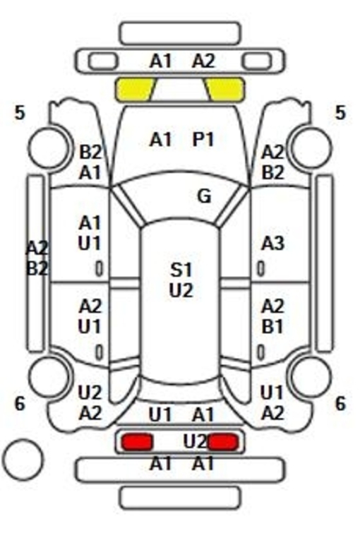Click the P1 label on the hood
coord(203,139)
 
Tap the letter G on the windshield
coord(204,196)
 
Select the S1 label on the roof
coord(181,270)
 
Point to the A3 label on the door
coord(272,244)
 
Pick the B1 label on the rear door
coord(272,327)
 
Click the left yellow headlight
coord(135,90)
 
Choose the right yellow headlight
coord(224,90)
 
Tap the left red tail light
coord(138,442)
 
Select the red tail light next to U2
coord(223,442)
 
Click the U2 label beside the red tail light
coord(195,442)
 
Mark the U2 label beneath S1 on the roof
coord(181,291)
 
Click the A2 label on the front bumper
coord(203,61)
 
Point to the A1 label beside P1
coord(160,139)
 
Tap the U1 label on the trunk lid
coord(160,414)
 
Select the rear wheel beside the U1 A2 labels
coord(311,376)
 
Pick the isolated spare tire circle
coord(23,460)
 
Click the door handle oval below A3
coord(260,268)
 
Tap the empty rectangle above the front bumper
coord(180,33)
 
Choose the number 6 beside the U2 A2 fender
coord(20,404)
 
